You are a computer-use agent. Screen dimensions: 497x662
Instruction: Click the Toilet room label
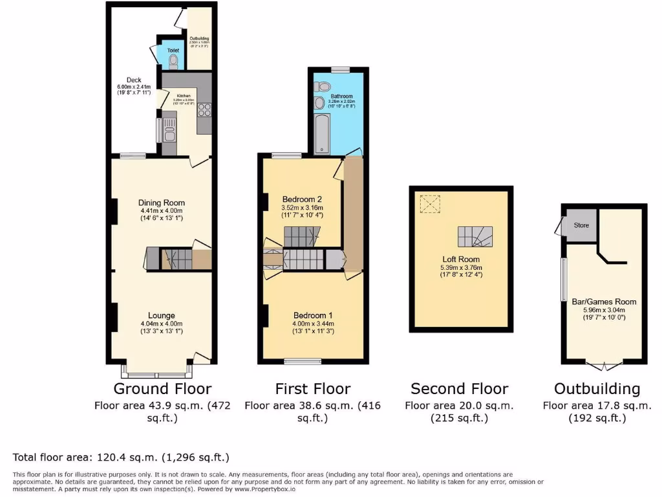click(173, 50)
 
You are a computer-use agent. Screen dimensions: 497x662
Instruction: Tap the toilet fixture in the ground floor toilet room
click(173, 61)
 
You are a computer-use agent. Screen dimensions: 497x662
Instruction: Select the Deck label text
click(134, 80)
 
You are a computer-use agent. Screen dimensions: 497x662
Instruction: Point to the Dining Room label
click(162, 202)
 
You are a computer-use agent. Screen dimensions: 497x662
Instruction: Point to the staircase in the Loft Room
click(475, 237)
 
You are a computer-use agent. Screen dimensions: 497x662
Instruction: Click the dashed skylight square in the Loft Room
click(429, 204)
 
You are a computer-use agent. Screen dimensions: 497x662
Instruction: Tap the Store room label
click(581, 225)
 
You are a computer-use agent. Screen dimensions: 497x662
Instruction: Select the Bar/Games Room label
click(604, 302)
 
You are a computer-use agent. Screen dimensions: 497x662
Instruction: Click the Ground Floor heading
click(162, 389)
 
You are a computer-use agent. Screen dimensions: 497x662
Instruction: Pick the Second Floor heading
click(460, 389)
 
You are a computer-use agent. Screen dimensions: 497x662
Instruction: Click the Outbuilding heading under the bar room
click(597, 389)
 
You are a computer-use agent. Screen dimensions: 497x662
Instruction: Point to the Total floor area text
click(122, 458)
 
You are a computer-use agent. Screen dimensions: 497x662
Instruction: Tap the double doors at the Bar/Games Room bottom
click(604, 366)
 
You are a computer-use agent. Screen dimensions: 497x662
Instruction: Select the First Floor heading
click(313, 389)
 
